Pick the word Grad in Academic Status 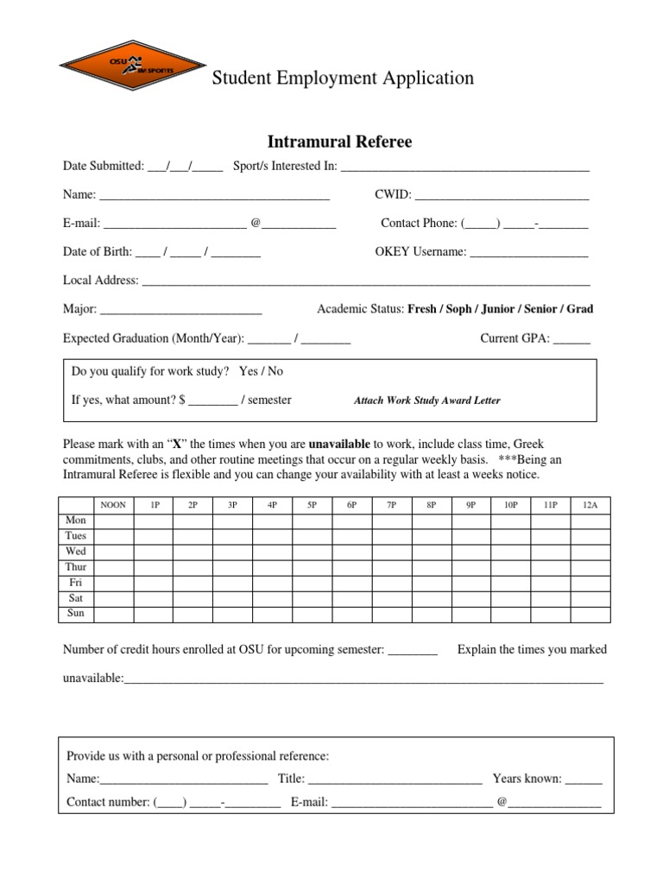579,309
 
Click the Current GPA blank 571,339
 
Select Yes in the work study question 249,371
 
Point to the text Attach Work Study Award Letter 426,401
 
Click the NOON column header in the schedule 113,505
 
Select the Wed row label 76,552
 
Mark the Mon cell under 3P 232,521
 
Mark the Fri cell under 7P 392,583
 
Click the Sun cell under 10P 512,614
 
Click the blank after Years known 584,779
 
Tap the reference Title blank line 395,779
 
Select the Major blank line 180,309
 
